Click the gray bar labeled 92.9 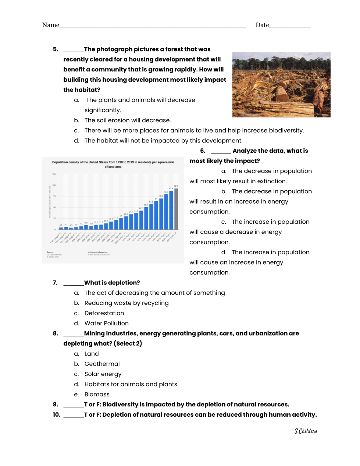click(x=176, y=209)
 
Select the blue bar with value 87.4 click(x=171, y=210)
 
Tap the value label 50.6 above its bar click(x=146, y=205)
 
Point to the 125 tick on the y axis click(x=54, y=174)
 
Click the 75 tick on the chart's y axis click(x=54, y=196)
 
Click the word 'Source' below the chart click(x=50, y=253)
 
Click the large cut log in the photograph click(x=283, y=93)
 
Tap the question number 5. click(x=56, y=49)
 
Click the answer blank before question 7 click(x=74, y=283)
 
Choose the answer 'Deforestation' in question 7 click(x=104, y=313)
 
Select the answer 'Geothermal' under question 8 click(x=102, y=364)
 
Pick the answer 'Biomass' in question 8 click(x=97, y=395)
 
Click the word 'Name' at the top click(x=50, y=25)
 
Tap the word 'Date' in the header click(x=262, y=25)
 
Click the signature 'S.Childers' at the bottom click(x=306, y=431)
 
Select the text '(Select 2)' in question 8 click(x=128, y=343)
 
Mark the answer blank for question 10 click(x=74, y=415)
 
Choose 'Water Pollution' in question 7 click(x=106, y=324)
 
